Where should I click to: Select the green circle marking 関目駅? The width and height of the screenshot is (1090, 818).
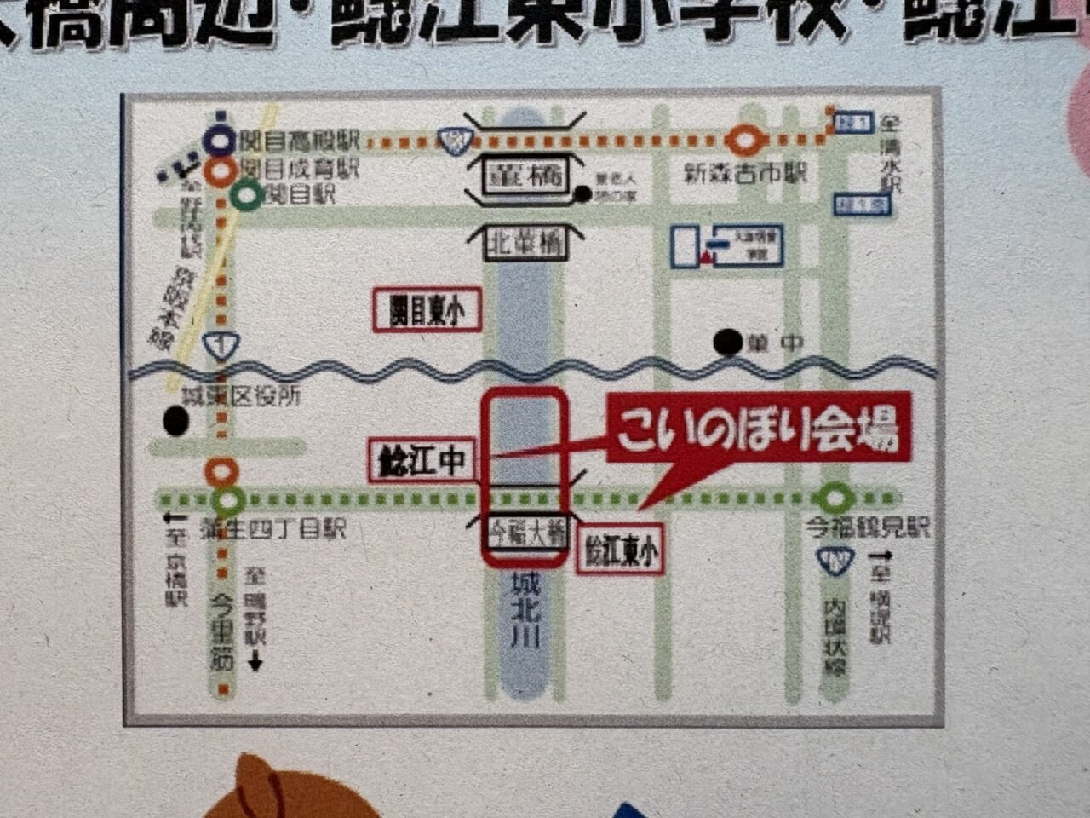247,197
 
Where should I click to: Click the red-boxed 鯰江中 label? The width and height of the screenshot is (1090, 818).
421,461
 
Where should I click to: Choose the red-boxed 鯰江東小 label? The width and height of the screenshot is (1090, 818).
621,552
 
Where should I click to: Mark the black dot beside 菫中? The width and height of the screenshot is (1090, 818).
727,343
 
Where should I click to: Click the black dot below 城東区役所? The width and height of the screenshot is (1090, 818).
176,420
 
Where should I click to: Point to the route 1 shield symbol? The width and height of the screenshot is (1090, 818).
221,345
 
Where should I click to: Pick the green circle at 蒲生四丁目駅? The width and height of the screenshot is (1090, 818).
229,500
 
